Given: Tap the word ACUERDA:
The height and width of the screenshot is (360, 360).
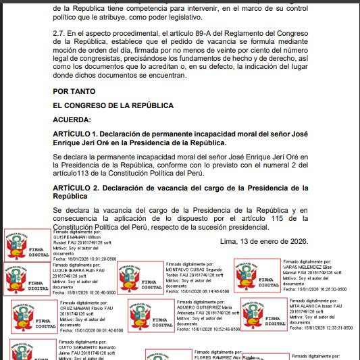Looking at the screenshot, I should pyautogui.click(x=72, y=120).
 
